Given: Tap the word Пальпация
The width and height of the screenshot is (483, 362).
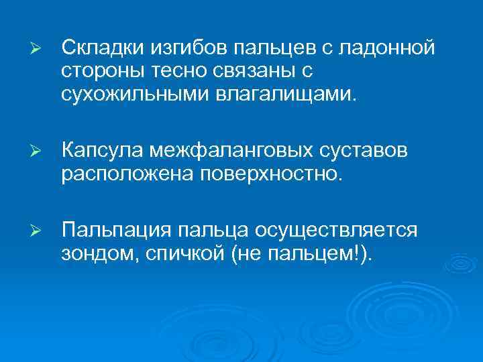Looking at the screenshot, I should pyautogui.click(x=116, y=231).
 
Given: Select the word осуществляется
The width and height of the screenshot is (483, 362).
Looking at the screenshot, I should pyautogui.click(x=337, y=231).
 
